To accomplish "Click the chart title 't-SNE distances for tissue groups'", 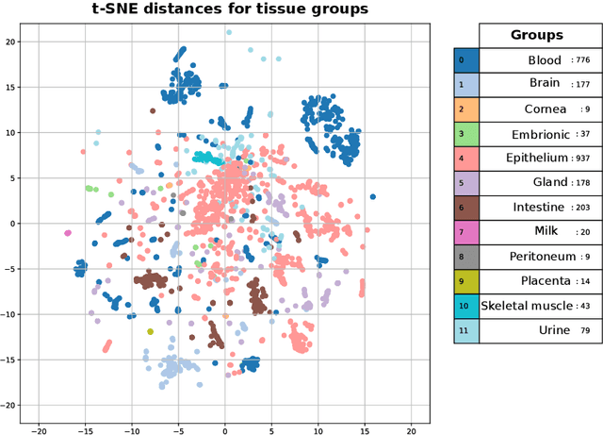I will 224,10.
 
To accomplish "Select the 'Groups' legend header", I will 536,35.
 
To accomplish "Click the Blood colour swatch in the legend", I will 466,60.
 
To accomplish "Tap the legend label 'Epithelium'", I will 536,158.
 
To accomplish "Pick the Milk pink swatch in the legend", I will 466,232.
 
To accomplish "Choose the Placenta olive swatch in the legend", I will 466,281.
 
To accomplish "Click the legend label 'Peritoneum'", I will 535,257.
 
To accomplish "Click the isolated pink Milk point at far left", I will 67,232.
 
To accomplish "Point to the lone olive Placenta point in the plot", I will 150,331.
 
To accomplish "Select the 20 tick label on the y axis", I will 9,42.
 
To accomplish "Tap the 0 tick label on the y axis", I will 12,224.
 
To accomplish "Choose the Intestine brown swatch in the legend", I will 466,208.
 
